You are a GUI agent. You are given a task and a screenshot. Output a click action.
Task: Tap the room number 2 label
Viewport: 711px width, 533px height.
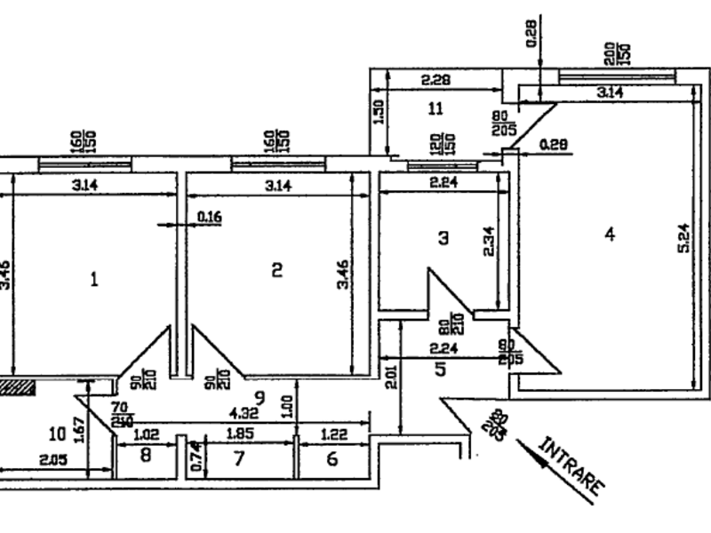(x=276, y=270)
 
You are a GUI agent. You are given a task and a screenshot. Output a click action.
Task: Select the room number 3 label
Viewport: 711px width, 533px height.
(x=443, y=237)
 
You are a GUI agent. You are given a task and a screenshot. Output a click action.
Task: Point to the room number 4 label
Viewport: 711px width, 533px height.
(x=609, y=235)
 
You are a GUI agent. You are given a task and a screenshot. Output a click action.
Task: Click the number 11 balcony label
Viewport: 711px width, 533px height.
(x=435, y=109)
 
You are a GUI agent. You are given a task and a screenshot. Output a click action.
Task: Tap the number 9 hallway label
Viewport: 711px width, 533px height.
(x=260, y=396)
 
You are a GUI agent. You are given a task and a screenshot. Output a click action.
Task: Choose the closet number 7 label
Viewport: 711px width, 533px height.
(x=238, y=458)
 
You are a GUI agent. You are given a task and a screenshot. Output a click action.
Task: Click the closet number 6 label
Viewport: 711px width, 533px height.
(x=332, y=458)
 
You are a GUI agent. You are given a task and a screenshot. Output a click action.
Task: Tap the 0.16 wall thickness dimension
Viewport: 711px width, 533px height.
(x=210, y=216)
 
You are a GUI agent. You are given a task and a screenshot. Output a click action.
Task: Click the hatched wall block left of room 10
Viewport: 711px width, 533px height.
(x=17, y=386)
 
